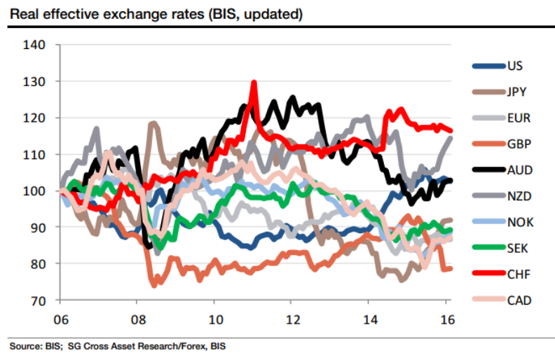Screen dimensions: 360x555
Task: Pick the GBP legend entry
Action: [x=517, y=144]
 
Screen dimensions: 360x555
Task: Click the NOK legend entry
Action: [x=519, y=222]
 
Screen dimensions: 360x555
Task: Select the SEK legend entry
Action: [x=516, y=248]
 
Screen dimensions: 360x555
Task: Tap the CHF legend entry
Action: [x=517, y=275]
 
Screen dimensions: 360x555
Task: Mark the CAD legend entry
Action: [x=517, y=300]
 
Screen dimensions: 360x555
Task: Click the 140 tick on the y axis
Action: [x=35, y=45]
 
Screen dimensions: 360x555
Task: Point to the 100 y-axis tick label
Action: [x=35, y=191]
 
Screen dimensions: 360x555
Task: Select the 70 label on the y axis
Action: [x=38, y=300]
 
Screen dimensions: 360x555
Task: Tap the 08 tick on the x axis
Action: [x=138, y=317]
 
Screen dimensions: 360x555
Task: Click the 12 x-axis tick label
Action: [x=293, y=317]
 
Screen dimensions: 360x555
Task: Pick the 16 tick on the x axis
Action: [x=447, y=317]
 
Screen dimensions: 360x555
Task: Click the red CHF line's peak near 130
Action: [x=254, y=83]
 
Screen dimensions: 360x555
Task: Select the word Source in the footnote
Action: [x=22, y=347]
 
